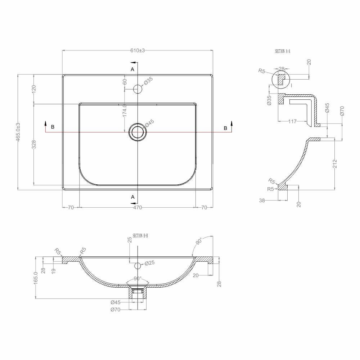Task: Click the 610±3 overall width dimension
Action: click(x=138, y=50)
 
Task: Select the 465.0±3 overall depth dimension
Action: click(x=18, y=132)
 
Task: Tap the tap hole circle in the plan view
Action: click(x=138, y=89)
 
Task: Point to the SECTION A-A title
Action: click(x=282, y=51)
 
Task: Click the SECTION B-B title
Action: click(x=140, y=236)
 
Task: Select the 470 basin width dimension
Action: click(x=138, y=208)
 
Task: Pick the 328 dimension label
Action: click(x=34, y=144)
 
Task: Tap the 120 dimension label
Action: click(x=34, y=89)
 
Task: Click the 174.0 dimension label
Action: click(x=125, y=111)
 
